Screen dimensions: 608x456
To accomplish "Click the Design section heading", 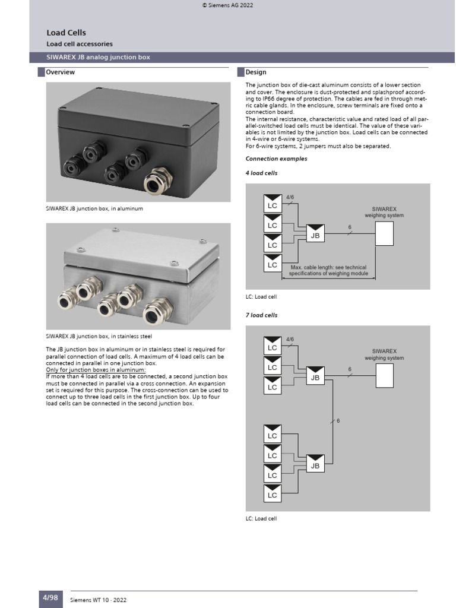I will (x=256, y=72).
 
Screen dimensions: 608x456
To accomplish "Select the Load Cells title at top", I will (x=62, y=33).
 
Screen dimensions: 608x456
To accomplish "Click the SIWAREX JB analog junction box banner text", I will (x=98, y=58).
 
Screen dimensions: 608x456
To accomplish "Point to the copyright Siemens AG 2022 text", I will (x=228, y=5).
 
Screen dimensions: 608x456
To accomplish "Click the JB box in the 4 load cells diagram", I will (x=315, y=235).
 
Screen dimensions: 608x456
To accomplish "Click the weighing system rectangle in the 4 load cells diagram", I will (x=384, y=233).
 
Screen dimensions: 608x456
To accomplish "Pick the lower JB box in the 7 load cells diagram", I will (x=315, y=465).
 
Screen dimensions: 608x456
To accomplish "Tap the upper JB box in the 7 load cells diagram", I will (x=315, y=376).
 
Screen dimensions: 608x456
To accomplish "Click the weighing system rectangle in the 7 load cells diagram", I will (x=384, y=375).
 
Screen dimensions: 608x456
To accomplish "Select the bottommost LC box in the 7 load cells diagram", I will (x=273, y=493).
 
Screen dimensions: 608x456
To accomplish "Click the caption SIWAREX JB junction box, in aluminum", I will (x=94, y=209).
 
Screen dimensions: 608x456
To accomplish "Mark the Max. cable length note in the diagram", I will (x=328, y=271).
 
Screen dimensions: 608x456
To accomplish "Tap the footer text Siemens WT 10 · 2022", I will (x=99, y=600).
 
